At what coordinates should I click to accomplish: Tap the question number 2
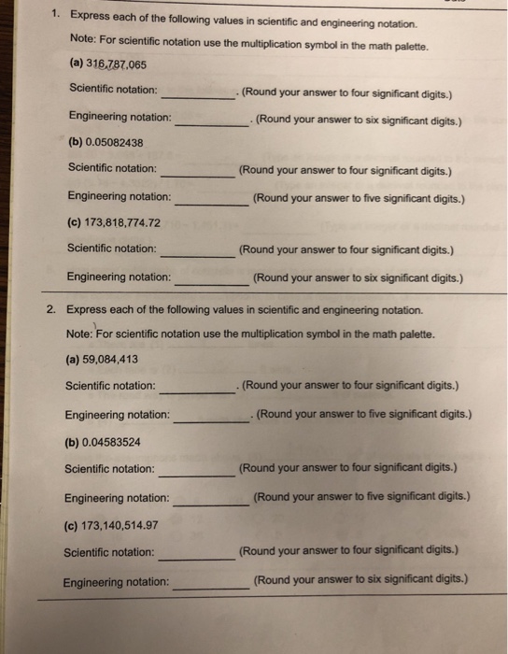click(52, 309)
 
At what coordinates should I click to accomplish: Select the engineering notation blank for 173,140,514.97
click(211, 587)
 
